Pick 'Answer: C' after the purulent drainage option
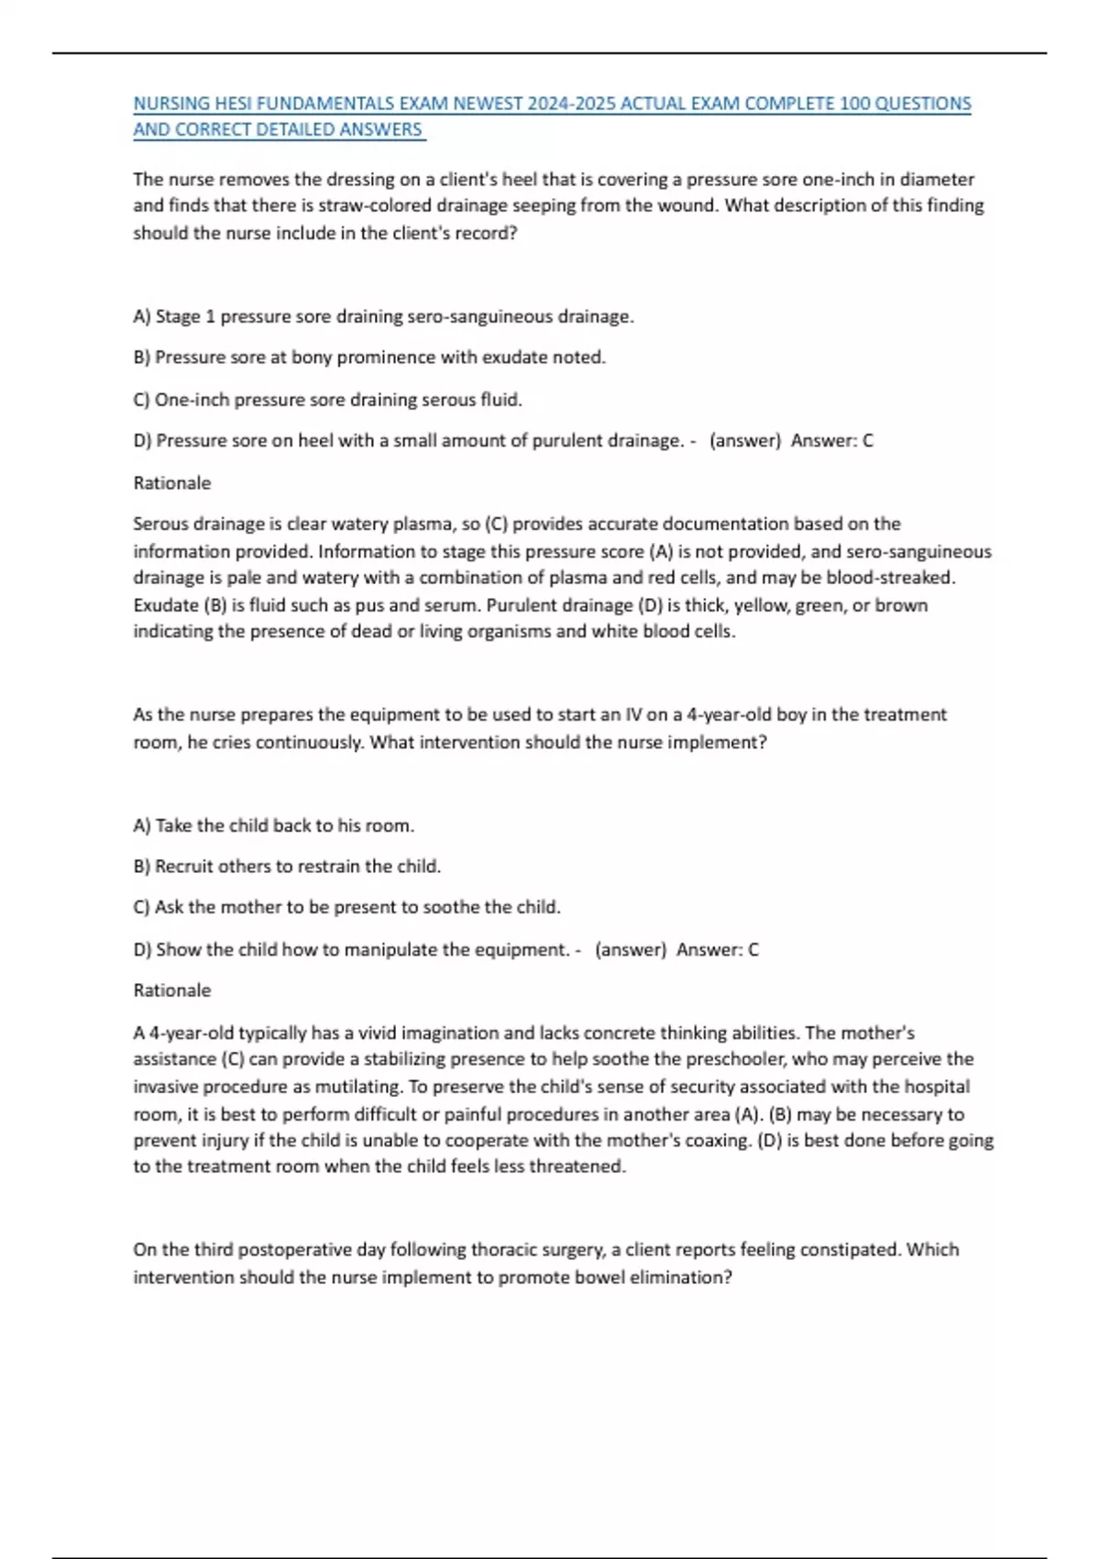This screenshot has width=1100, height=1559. click(832, 441)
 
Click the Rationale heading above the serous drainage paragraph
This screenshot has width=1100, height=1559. click(172, 483)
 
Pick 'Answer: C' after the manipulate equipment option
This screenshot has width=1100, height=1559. click(718, 950)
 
